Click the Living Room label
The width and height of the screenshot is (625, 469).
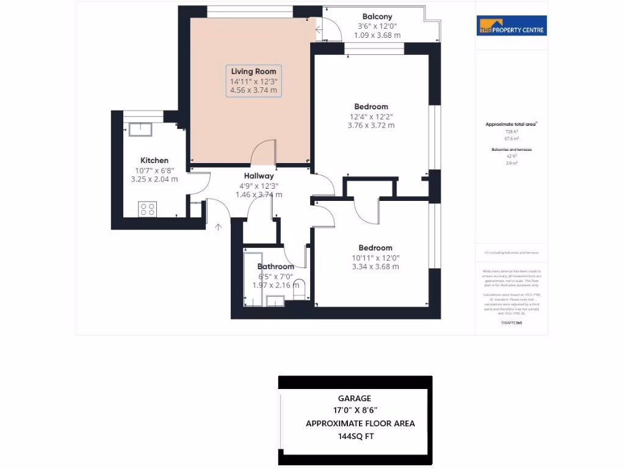(253, 71)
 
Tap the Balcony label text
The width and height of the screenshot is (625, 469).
(377, 16)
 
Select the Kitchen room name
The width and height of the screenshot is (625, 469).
(154, 161)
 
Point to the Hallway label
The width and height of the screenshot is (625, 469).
(259, 176)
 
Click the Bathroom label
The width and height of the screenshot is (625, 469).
(275, 266)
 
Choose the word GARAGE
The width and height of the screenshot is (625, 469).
(355, 399)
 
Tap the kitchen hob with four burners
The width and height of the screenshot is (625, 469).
(148, 209)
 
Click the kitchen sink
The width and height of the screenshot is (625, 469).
(140, 129)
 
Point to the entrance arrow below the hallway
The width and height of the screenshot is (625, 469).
(219, 227)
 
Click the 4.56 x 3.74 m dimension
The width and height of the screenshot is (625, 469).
(253, 90)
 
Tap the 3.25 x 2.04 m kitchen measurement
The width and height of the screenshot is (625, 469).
(154, 180)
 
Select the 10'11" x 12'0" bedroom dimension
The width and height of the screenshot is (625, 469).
(375, 257)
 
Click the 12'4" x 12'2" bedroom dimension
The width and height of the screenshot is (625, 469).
(371, 116)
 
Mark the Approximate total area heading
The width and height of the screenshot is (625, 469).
(511, 124)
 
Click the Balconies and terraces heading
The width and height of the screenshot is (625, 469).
(511, 149)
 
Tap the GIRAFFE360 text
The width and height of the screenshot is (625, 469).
(511, 322)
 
